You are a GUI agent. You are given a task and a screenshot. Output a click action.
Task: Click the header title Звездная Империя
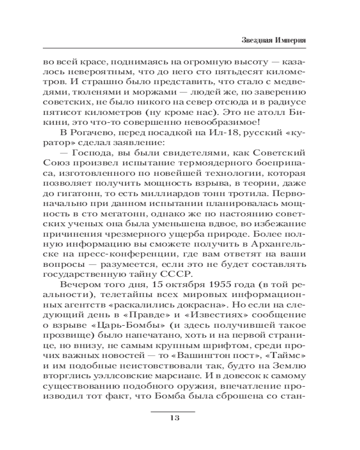[271, 40]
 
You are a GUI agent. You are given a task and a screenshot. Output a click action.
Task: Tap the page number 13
[174, 418]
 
